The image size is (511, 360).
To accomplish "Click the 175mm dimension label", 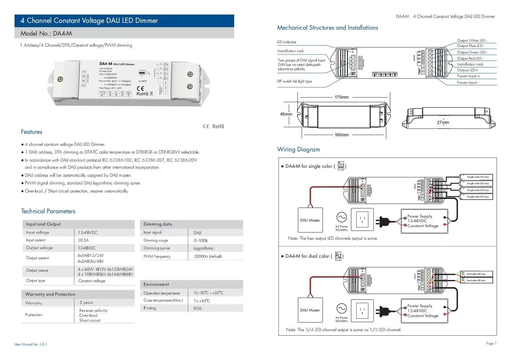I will coord(341,97).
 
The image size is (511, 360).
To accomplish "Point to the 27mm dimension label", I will coord(443,122).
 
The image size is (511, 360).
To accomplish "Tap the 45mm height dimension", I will coord(286,114).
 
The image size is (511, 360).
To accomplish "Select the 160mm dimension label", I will coord(341,135).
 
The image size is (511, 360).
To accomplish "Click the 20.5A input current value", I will coord(83,240).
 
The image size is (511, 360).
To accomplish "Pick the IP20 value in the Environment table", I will coord(197,308).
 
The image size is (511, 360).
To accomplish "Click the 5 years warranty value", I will coord(86,303).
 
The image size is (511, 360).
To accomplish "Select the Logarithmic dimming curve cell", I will coord(203,248).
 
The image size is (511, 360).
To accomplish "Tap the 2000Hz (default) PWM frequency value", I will coord(208,256).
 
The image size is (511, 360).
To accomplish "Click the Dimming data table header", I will coord(158,224).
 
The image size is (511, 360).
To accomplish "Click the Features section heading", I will coord(32,132).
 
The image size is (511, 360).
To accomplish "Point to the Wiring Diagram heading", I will coord(298,150).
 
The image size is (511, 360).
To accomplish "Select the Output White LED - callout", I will coord(472,40).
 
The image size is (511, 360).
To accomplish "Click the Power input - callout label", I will coord(468,83).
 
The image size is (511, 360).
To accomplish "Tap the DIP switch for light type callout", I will coord(294,81).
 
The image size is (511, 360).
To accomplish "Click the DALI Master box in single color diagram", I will coord(310,220).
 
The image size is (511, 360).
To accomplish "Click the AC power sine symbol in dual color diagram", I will coord(341,308).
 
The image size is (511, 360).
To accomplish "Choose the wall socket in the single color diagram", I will coord(362,219).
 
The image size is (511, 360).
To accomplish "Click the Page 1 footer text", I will coord(491,343).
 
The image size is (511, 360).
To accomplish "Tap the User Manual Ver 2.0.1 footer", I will coord(31,344).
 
